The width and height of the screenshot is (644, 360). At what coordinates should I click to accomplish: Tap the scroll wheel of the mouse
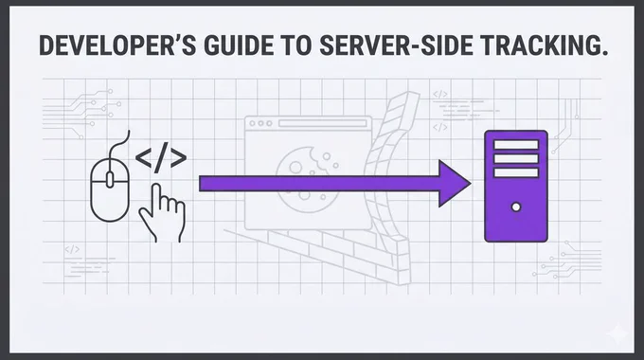coord(110,180)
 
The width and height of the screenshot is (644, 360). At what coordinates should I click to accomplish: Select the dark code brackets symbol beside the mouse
coord(161,158)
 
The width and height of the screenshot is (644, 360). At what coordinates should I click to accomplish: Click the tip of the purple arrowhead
coord(471,183)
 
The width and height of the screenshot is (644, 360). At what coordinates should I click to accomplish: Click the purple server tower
coord(516,187)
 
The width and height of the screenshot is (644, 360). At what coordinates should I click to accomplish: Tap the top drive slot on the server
coord(516,145)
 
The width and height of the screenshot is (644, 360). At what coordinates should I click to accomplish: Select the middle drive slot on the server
coord(516,158)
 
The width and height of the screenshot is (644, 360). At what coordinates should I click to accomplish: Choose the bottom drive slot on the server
coord(516,172)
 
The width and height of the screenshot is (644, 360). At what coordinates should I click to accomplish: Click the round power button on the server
coord(516,207)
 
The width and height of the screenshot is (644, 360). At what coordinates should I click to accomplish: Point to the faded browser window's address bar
coord(322,123)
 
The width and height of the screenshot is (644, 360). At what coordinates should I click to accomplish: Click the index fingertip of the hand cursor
coord(155,187)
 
